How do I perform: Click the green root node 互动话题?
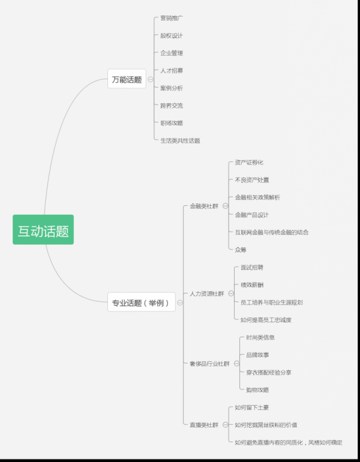[43, 230]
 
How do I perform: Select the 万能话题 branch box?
[127, 79]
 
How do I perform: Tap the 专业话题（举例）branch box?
[142, 303]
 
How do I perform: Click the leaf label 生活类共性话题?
[180, 140]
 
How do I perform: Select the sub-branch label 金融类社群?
[204, 206]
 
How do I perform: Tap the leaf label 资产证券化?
[249, 163]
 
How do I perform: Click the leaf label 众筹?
[241, 250]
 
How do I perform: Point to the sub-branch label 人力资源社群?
[207, 294]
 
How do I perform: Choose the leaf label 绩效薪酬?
[253, 285]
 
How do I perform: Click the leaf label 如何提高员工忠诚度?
[266, 320]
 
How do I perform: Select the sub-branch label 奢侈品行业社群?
[209, 364]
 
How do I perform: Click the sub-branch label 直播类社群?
[204, 425]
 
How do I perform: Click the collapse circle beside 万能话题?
[151, 79]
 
